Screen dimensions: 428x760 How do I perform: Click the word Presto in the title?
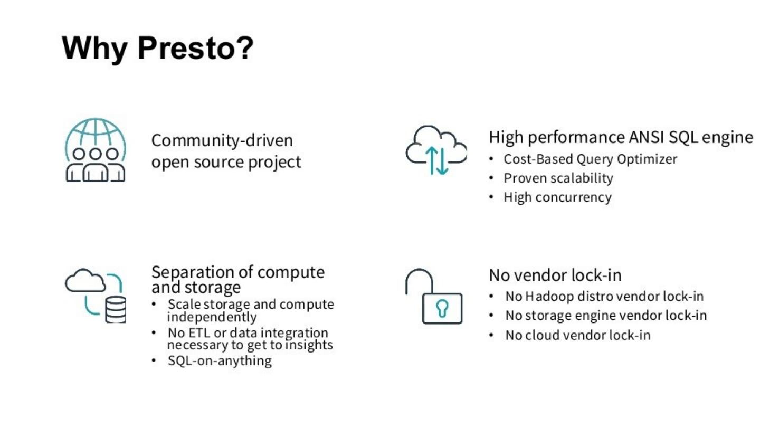tap(195, 48)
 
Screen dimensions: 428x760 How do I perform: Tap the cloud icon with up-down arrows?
tap(436, 150)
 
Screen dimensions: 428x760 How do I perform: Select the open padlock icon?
tap(434, 297)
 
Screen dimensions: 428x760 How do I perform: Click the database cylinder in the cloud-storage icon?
tap(116, 309)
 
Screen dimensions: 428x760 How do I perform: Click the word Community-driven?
tap(222, 141)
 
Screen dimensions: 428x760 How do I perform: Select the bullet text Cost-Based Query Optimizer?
tap(590, 159)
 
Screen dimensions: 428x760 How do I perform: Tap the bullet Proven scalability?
tap(558, 178)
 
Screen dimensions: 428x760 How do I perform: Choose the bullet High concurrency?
tap(557, 197)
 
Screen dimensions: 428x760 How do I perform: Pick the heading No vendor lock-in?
tap(555, 275)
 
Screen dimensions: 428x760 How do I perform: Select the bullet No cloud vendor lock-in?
tap(578, 335)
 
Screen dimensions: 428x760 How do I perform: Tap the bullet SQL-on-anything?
tap(220, 361)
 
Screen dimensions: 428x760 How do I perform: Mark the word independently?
tap(212, 317)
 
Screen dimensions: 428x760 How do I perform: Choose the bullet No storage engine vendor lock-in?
tap(606, 316)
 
